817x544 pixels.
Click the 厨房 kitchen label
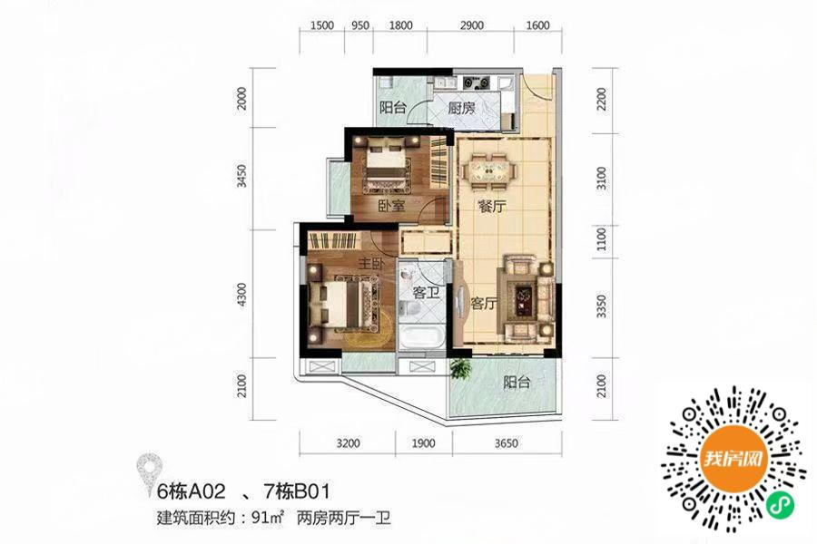(x=462, y=108)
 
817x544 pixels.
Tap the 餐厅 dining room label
(x=492, y=207)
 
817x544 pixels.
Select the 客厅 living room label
(x=484, y=303)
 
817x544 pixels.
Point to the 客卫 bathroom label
(x=426, y=293)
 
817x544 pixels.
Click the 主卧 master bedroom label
(x=371, y=264)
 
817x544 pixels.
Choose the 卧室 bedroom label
(x=391, y=206)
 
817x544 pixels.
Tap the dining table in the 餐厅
(x=488, y=170)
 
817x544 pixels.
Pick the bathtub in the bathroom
(x=422, y=338)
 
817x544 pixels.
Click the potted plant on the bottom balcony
(x=460, y=368)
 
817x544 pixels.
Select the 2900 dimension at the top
(x=471, y=25)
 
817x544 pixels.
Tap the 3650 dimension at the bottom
(x=506, y=443)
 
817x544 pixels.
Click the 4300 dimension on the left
(x=241, y=294)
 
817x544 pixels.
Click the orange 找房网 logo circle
(x=733, y=459)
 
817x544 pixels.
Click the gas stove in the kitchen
(x=477, y=82)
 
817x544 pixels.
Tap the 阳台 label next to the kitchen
(x=393, y=108)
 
